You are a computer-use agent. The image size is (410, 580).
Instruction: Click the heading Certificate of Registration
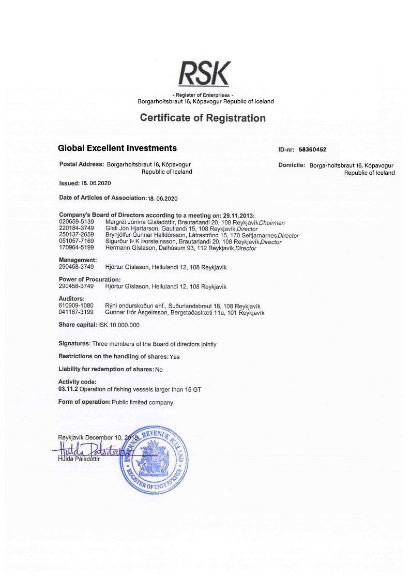click(x=203, y=118)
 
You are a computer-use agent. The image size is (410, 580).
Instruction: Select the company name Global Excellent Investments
click(x=117, y=148)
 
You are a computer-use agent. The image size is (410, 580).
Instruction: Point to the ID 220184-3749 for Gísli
click(x=76, y=228)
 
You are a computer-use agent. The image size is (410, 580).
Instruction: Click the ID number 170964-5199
click(x=76, y=249)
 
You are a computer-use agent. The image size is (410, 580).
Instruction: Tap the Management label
click(x=78, y=260)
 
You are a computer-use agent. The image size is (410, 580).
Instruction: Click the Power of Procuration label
click(x=90, y=280)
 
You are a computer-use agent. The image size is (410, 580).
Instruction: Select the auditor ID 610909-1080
click(x=76, y=306)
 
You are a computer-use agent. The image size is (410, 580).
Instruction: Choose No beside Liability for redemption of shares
click(x=159, y=370)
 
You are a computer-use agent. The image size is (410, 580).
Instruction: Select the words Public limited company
click(x=143, y=402)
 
